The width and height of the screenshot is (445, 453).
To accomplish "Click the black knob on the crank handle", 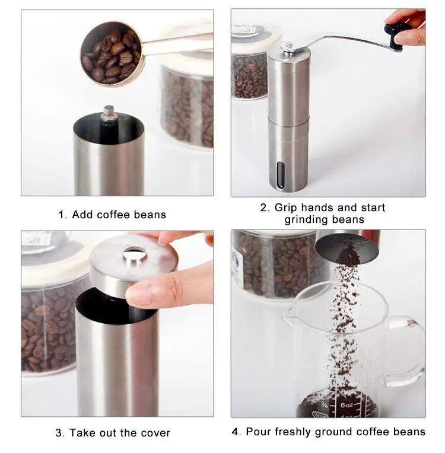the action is (x=396, y=35).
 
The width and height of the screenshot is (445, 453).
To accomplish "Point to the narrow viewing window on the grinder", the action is (x=280, y=175).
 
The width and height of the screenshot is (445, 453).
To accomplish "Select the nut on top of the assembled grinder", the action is (x=288, y=46).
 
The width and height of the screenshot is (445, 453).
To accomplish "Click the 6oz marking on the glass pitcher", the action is (x=347, y=405).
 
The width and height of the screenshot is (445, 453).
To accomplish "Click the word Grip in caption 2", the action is (x=285, y=208).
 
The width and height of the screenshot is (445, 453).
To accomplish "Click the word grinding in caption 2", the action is (x=306, y=220).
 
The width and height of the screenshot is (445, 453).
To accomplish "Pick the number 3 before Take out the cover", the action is (x=59, y=433).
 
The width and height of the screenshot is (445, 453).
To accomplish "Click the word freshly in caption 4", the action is (x=293, y=432).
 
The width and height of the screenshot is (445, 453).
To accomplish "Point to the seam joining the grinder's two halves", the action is (x=288, y=122).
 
